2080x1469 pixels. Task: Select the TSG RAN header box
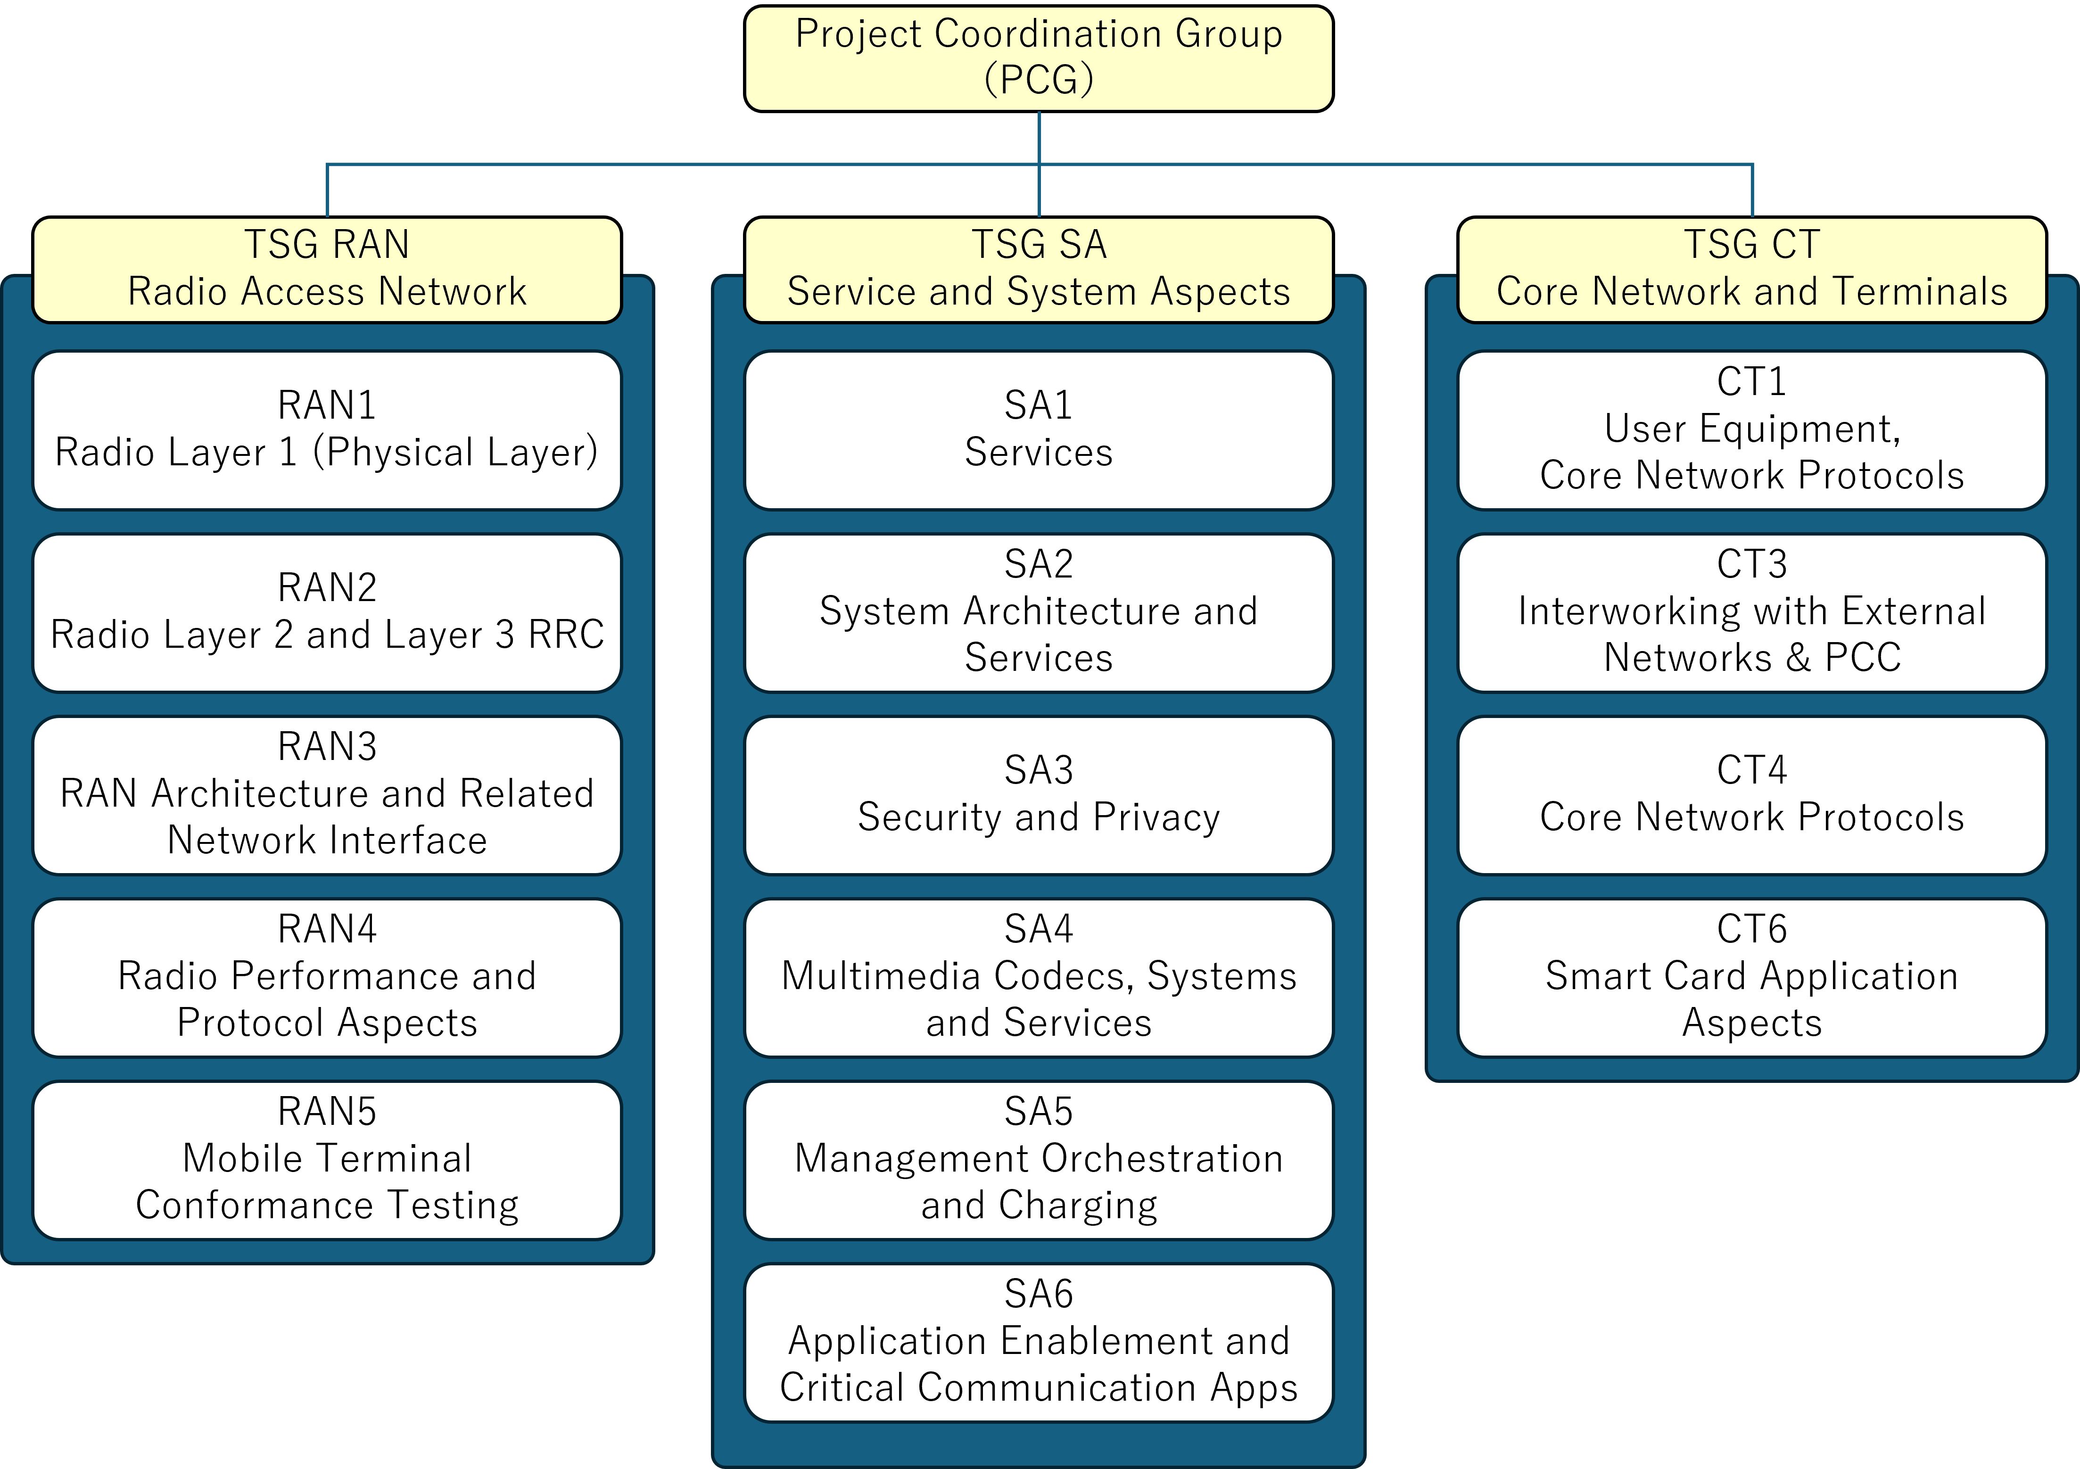pos(327,270)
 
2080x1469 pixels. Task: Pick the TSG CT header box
pos(1752,270)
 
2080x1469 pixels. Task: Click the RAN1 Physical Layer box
pos(327,430)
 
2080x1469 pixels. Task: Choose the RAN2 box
pos(327,613)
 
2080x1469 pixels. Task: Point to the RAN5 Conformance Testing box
pos(327,1160)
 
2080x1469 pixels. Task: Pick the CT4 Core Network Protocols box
pos(1752,795)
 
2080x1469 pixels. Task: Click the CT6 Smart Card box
pos(1752,978)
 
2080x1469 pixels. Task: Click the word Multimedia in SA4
pos(882,976)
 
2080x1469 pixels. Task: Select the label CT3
pos(1752,564)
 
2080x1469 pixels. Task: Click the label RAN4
pos(327,929)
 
